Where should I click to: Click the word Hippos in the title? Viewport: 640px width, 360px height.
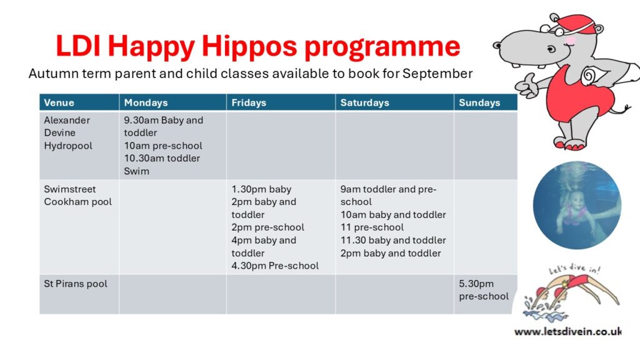[249, 47]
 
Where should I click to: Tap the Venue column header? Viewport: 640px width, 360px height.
[59, 103]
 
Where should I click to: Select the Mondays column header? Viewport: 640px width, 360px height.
[146, 103]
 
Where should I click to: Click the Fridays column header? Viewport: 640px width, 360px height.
[249, 103]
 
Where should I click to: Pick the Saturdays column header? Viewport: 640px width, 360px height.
[365, 103]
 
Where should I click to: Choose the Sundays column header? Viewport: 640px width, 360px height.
[479, 103]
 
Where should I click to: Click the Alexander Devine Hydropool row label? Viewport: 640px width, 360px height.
[68, 133]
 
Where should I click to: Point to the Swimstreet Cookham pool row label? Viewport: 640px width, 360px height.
[78, 196]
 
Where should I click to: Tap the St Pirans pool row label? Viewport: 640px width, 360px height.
[76, 284]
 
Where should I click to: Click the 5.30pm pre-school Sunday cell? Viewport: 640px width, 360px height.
[484, 290]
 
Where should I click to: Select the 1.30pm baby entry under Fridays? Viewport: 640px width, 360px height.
[261, 189]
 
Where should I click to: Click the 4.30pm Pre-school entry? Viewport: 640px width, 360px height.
[275, 266]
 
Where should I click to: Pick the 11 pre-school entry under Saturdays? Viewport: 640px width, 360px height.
[372, 227]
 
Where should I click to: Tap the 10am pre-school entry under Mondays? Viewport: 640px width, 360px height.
[163, 146]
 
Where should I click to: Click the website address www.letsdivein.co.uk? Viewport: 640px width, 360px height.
[567, 331]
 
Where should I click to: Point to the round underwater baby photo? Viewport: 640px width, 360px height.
[577, 205]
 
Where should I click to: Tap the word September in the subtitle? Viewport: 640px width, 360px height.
[437, 74]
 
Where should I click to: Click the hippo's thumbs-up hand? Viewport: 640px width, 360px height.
[526, 86]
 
